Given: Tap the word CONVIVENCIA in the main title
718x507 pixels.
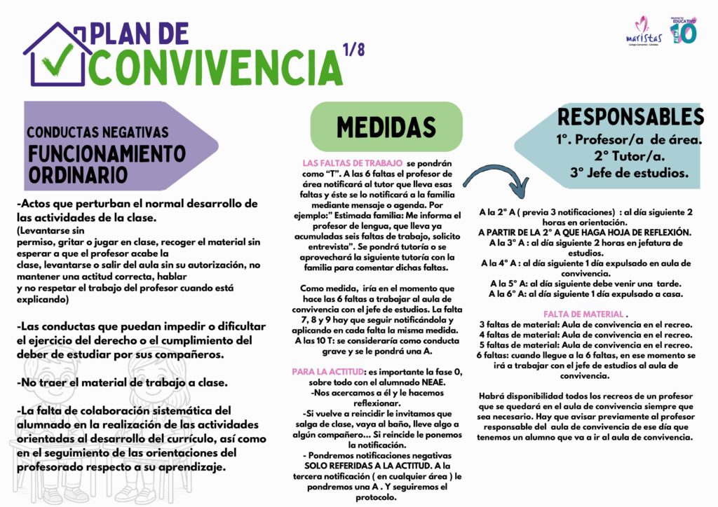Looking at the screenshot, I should click(x=214, y=67).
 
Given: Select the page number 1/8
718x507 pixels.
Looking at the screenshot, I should click(x=354, y=50).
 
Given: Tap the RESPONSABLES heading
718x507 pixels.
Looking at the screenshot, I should click(x=630, y=116).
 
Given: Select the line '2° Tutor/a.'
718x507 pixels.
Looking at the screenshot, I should click(x=630, y=155).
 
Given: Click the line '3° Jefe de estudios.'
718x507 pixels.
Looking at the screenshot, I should click(x=630, y=172).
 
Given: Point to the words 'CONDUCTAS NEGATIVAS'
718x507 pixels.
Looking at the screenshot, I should click(x=97, y=132).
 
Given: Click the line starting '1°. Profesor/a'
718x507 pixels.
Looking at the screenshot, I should click(x=630, y=139).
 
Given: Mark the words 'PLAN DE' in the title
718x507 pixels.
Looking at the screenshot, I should click(x=140, y=33).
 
